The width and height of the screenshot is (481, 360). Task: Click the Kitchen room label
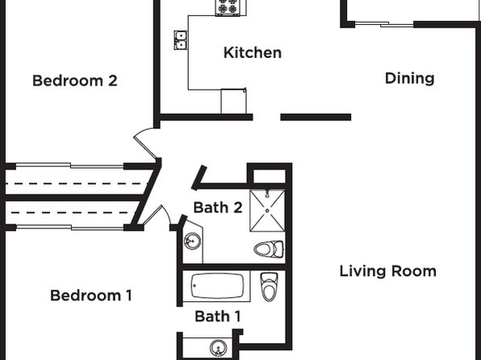[253, 52]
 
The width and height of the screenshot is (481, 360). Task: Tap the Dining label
[409, 78]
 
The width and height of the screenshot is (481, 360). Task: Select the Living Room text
[387, 271]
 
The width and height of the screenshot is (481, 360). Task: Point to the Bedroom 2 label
[75, 81]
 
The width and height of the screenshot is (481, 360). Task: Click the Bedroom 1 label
[91, 295]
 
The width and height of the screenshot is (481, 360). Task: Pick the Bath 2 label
[218, 207]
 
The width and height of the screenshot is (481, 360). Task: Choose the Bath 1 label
[217, 316]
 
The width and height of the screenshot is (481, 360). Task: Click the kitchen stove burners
[228, 7]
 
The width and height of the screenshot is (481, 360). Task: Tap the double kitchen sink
[181, 40]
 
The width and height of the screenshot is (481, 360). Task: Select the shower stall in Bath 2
[267, 211]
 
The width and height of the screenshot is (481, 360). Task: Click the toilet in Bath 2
[269, 249]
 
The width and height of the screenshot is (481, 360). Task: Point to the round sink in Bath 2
[193, 241]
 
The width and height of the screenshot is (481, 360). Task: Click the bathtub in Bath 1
[217, 287]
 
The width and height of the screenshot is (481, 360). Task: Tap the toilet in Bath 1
[269, 287]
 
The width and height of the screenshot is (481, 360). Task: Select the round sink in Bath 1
[218, 348]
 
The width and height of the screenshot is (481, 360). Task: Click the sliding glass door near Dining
[384, 24]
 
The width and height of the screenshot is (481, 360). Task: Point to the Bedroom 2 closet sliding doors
[70, 166]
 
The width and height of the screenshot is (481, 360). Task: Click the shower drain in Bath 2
[267, 211]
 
